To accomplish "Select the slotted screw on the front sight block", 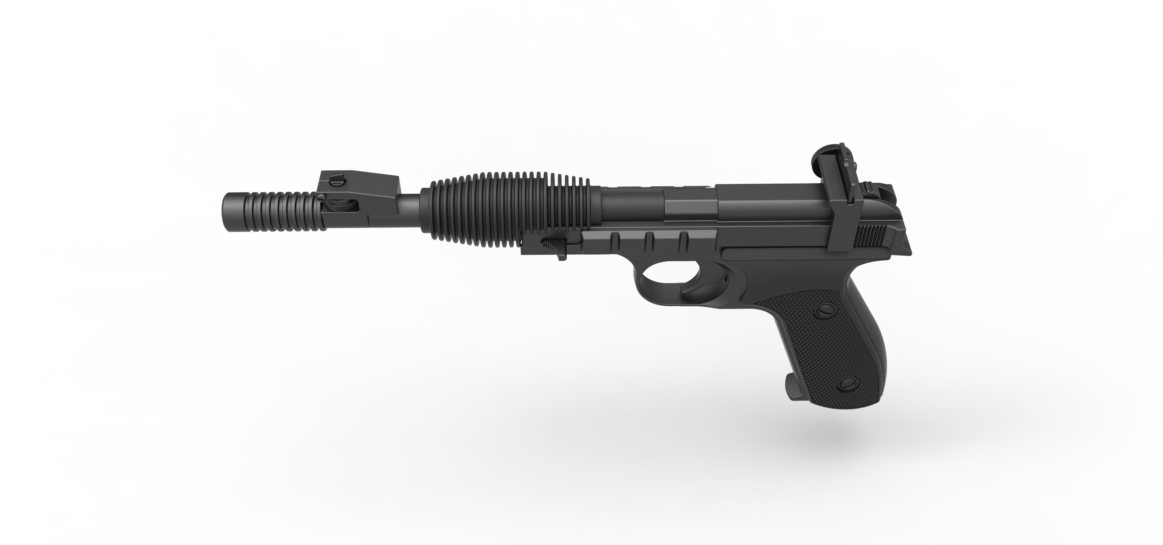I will [x=337, y=180].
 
